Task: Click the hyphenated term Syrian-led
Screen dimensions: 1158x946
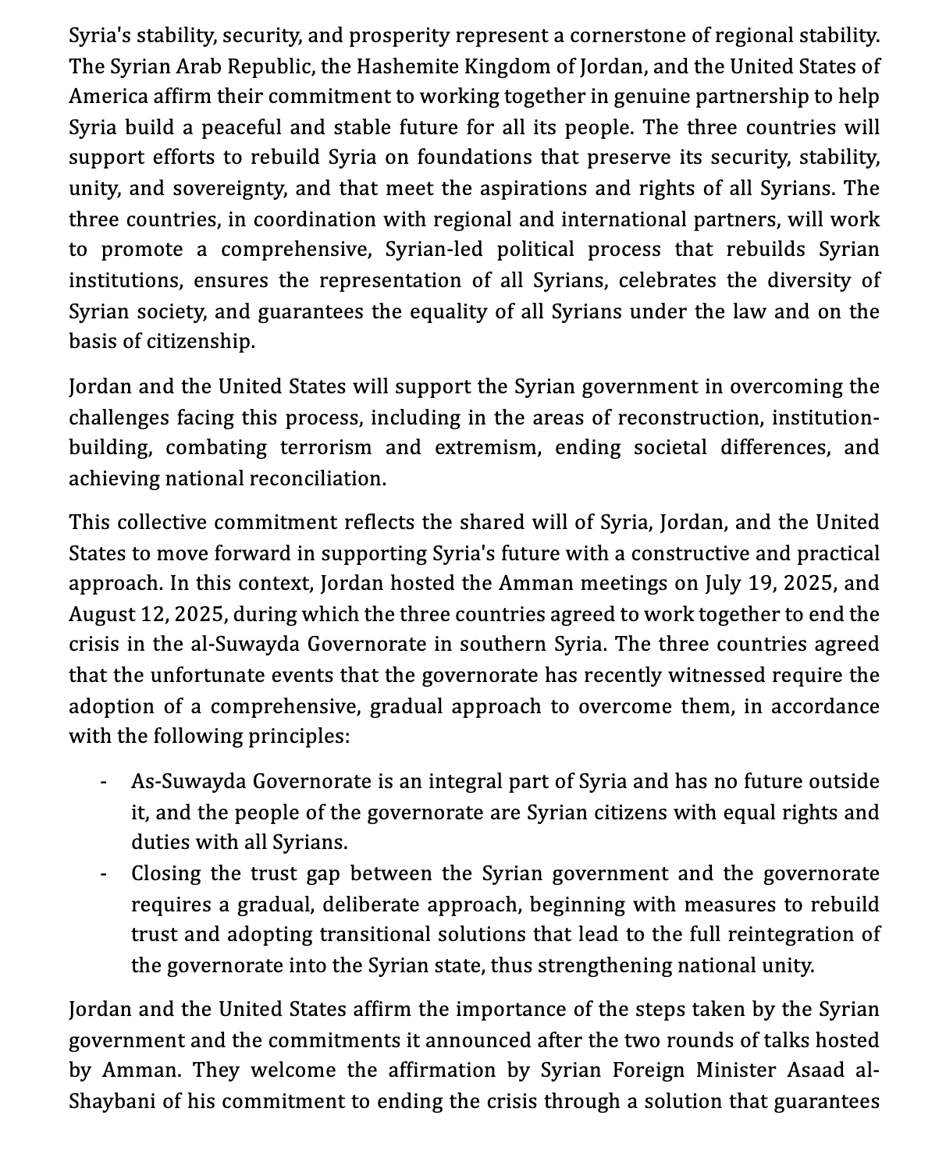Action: click(x=434, y=250)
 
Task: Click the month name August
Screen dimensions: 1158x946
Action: click(x=99, y=614)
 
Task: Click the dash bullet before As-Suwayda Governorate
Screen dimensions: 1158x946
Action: click(x=103, y=783)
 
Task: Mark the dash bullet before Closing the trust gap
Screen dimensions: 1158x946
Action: click(x=103, y=875)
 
